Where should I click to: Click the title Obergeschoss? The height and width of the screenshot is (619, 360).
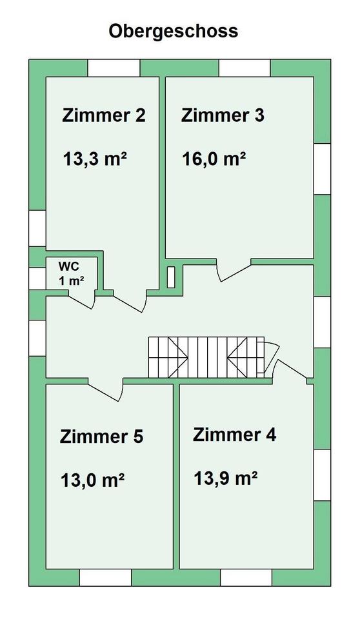pos(174,32)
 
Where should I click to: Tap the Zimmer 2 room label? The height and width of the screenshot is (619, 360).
pos(104,115)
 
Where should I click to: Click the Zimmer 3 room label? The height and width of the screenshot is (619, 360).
pos(223,115)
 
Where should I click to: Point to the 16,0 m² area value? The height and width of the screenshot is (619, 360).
pos(214,159)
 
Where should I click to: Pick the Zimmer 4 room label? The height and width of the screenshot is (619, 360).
pos(234,434)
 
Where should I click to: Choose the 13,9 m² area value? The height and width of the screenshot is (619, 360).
pos(226,478)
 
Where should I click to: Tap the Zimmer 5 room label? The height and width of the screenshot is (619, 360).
pos(101,437)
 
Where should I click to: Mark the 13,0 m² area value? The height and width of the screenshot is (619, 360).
pos(93,480)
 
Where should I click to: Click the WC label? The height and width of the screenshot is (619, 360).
pos(67,264)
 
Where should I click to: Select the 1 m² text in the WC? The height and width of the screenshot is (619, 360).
pos(71,280)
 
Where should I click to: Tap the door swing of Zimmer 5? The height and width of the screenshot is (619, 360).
pos(106,390)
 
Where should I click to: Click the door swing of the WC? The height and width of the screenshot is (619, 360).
pos(83,300)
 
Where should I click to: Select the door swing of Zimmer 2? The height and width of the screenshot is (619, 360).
pos(130,302)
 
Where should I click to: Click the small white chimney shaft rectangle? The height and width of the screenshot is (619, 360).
pos(171,277)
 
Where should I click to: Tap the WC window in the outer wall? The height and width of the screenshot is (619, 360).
pos(37,277)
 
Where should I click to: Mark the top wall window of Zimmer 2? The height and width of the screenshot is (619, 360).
pos(114,68)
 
